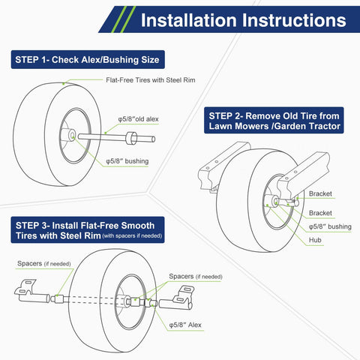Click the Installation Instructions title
pyautogui.click(x=244, y=20)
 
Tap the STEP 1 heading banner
pyautogui.click(x=88, y=59)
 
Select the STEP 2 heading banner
pyautogui.click(x=274, y=121)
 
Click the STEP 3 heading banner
pyautogui.click(x=88, y=230)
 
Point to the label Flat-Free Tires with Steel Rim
pyautogui.click(x=151, y=80)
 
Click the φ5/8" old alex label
pyautogui.click(x=138, y=119)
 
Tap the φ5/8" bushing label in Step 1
pyautogui.click(x=127, y=161)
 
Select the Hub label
pyautogui.click(x=315, y=240)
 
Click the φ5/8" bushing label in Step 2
pyautogui.click(x=330, y=226)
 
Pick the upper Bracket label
pyautogui.click(x=320, y=193)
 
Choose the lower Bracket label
pyautogui.click(x=320, y=213)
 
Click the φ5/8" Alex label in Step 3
pyautogui.click(x=185, y=325)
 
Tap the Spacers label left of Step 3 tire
pyautogui.click(x=44, y=263)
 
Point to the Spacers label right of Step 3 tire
pyautogui.click(x=196, y=277)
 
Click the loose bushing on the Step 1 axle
pyautogui.click(x=131, y=138)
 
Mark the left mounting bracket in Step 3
pyautogui.click(x=31, y=291)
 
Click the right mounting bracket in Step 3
pyautogui.click(x=177, y=298)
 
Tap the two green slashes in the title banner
pyautogui.click(x=124, y=19)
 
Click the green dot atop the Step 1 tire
pyautogui.click(x=64, y=83)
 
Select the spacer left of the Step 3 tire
pyautogui.click(x=59, y=298)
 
